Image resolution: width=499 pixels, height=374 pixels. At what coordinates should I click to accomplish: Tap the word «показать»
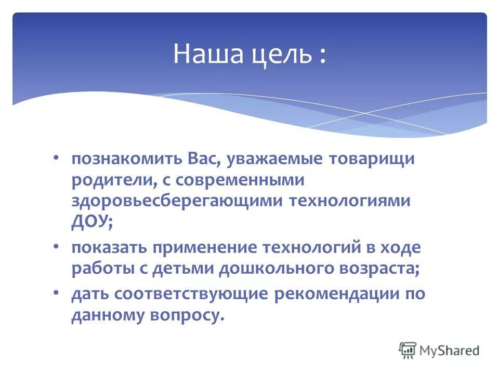tap(109, 248)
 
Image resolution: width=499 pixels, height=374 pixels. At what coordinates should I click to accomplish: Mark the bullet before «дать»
tap(56, 292)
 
